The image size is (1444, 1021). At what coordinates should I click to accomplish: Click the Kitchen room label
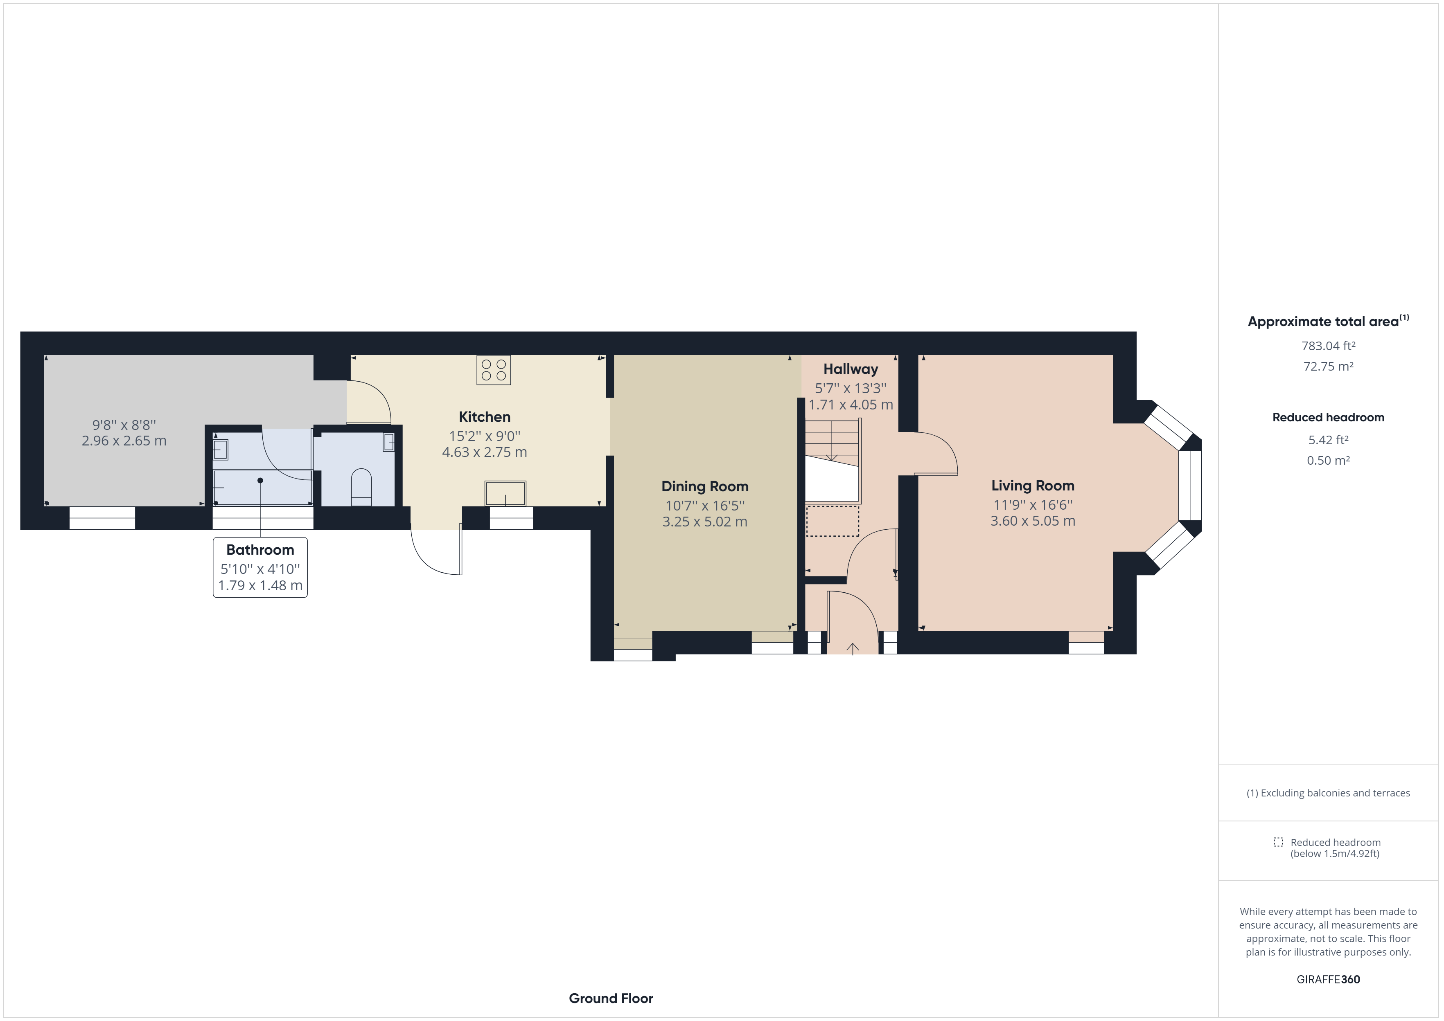click(484, 417)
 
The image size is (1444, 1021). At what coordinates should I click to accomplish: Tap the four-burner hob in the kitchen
click(494, 370)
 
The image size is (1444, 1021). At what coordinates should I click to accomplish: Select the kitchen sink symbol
click(505, 493)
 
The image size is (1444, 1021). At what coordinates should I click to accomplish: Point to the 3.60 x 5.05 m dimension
click(1033, 521)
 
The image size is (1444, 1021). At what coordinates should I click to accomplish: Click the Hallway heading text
click(850, 369)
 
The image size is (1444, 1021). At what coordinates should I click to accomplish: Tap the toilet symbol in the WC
click(362, 486)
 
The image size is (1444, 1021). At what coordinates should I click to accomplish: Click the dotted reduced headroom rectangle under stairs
click(832, 521)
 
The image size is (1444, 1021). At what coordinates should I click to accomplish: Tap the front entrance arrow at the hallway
click(853, 648)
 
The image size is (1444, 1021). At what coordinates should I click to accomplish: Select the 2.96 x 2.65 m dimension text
click(124, 441)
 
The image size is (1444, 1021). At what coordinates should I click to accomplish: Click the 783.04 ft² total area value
click(1328, 346)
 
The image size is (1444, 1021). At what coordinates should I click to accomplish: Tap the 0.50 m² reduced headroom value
click(1328, 460)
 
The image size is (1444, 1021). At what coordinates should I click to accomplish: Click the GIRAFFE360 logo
click(1328, 979)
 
